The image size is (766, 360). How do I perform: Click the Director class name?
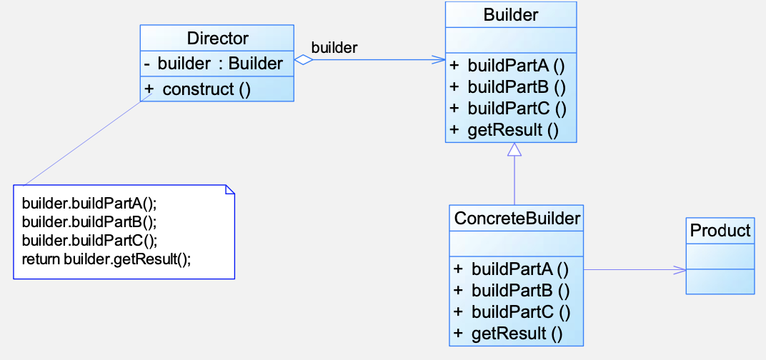(217, 38)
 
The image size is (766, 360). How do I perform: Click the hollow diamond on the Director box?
(304, 60)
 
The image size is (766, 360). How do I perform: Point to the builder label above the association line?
(334, 47)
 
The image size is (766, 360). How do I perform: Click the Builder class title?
(510, 15)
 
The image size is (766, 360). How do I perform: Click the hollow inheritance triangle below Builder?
(514, 149)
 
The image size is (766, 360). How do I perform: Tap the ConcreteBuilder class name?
(517, 219)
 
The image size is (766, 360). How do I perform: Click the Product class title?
(720, 231)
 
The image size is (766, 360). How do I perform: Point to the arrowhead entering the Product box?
(680, 269)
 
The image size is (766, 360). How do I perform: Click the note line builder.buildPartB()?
(89, 221)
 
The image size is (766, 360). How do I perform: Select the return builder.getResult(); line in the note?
(106, 259)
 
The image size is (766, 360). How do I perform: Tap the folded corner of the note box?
(229, 189)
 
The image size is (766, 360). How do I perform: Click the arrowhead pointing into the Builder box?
(439, 60)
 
